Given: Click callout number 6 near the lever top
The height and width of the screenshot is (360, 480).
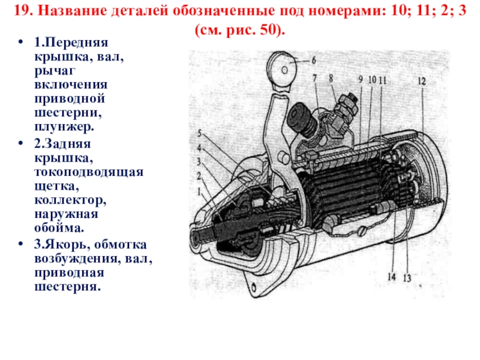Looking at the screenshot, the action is [x=313, y=60].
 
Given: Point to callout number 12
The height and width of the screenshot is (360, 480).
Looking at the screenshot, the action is [x=422, y=81].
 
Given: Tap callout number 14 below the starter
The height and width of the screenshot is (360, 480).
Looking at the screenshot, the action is [x=392, y=277].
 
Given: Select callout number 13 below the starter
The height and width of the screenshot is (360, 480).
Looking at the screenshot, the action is [x=407, y=278].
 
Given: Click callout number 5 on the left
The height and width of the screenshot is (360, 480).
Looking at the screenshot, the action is [x=200, y=133].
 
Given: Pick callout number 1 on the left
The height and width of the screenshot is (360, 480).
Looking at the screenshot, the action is [x=199, y=191].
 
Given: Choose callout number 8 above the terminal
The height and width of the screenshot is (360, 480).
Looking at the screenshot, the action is [x=331, y=79].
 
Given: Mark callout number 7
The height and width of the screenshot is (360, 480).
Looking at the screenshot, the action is [x=314, y=78].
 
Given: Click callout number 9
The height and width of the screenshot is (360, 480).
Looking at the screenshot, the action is [x=361, y=80].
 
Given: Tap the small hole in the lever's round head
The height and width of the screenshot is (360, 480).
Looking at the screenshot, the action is [x=284, y=70].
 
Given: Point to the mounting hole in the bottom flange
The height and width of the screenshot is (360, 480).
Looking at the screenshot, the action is [x=254, y=287].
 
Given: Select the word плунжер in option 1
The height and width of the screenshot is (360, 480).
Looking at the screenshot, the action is [x=64, y=127].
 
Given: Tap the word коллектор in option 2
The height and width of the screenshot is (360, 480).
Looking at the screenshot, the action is [x=70, y=200].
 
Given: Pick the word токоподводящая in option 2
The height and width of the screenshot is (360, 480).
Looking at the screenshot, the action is [x=89, y=172].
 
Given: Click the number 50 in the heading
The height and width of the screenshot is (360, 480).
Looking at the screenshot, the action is [x=268, y=29].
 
